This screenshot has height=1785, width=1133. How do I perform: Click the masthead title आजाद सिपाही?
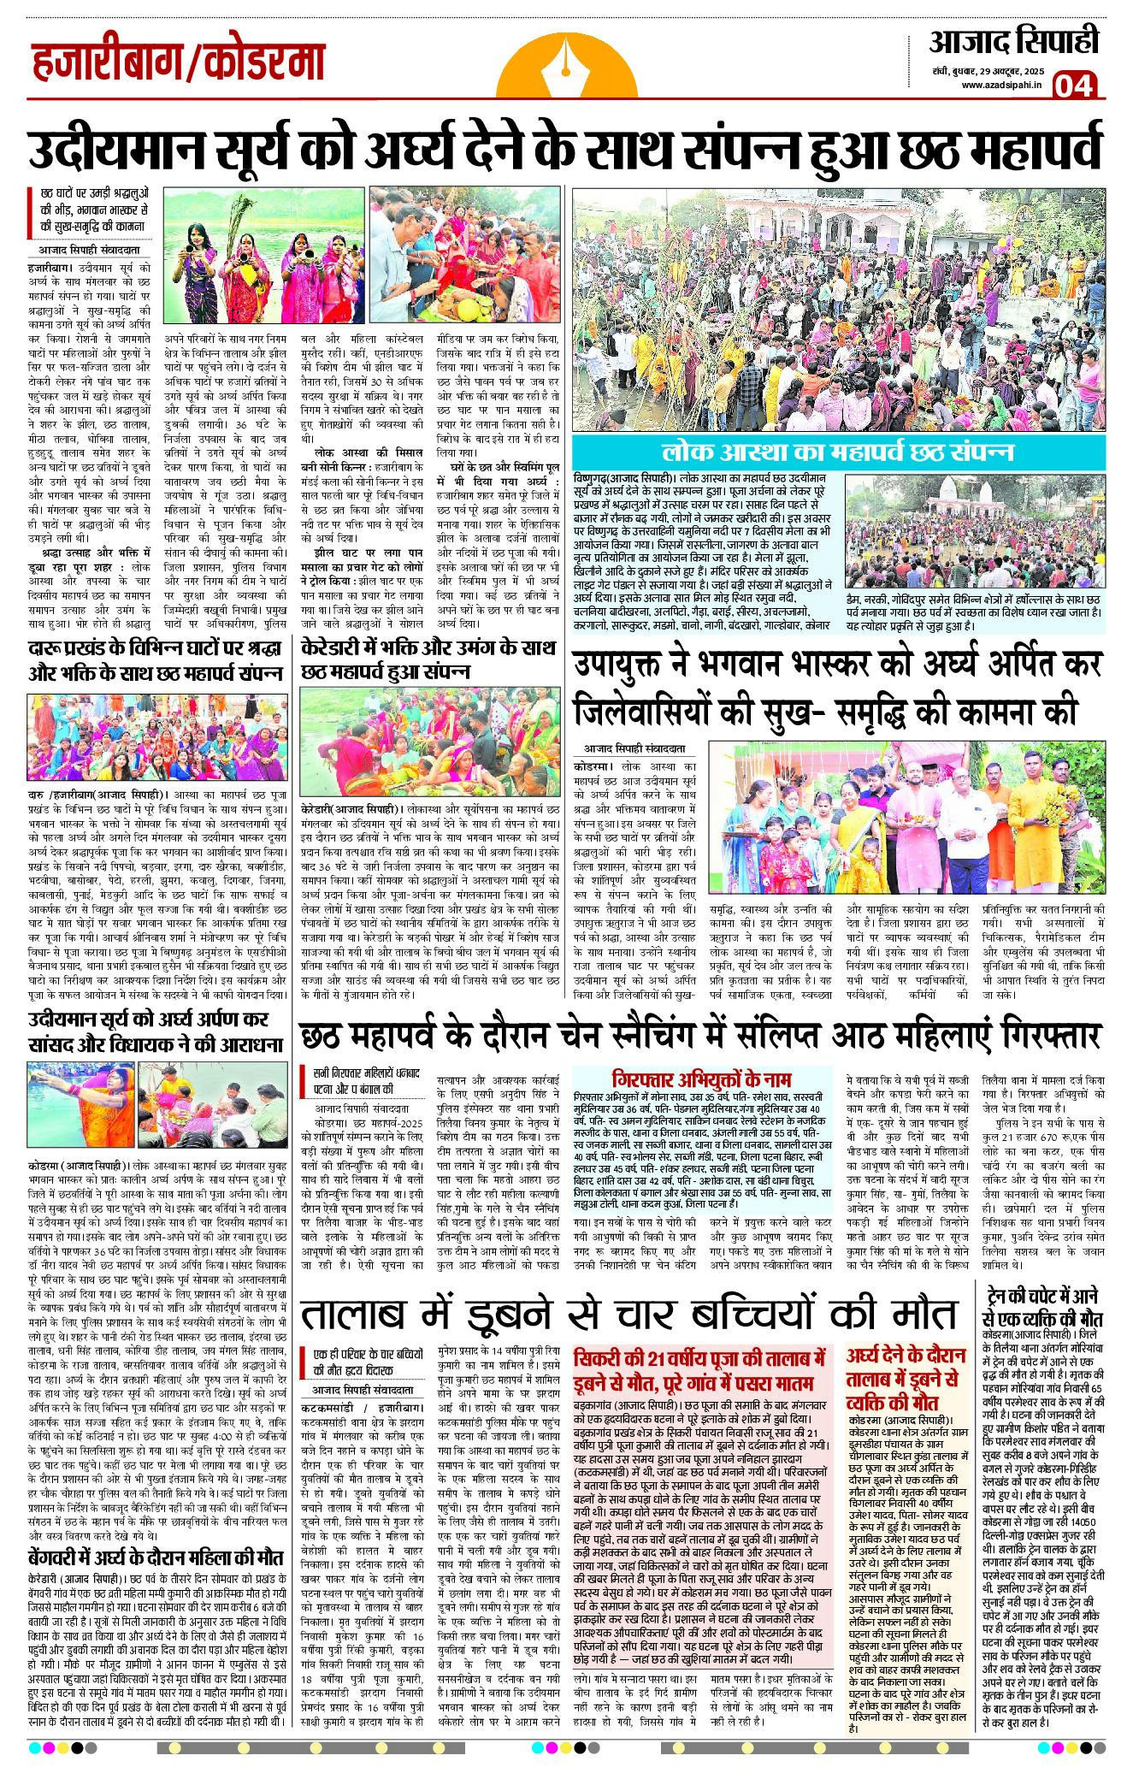(1012, 43)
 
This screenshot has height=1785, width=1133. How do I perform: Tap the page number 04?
(1073, 86)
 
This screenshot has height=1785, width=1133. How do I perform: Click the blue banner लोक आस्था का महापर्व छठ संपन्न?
(838, 452)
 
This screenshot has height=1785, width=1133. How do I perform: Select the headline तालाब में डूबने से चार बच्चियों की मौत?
(628, 1315)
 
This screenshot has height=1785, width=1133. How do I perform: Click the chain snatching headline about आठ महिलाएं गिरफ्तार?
(699, 1036)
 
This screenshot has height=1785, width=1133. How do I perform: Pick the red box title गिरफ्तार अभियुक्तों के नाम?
(701, 1079)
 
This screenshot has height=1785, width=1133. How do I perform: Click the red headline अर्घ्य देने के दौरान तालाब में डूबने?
(906, 1379)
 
